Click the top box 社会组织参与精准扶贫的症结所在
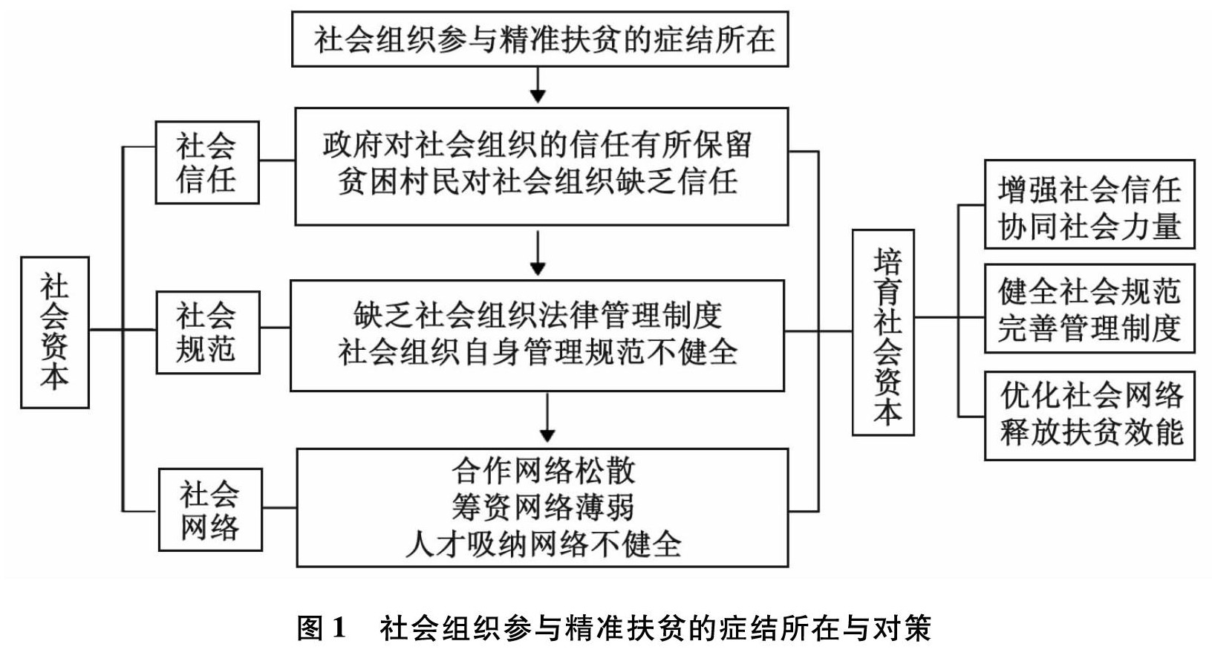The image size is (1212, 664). tap(540, 39)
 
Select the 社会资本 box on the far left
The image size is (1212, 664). tap(55, 332)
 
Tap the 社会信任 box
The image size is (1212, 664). tap(207, 163)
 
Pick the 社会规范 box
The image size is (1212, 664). tap(208, 332)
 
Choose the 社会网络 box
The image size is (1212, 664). tap(210, 510)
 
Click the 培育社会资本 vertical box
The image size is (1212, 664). tap(883, 332)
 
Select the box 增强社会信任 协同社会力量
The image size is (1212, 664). tap(1089, 204)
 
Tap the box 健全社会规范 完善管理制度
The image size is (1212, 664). tap(1089, 308)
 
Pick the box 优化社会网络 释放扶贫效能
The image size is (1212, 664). tap(1089, 416)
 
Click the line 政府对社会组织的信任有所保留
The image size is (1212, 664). tap(537, 145)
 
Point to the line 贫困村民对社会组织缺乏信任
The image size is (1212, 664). tap(537, 181)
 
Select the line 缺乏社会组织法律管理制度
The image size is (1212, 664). tap(537, 315)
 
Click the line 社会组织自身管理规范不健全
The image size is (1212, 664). tap(537, 352)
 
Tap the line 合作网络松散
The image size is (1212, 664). tap(543, 471)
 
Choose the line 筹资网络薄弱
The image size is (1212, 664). tap(543, 507)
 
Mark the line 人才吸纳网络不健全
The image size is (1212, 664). tap(543, 544)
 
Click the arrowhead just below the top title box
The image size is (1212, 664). tap(537, 97)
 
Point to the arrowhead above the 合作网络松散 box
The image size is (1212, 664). tap(547, 436)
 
